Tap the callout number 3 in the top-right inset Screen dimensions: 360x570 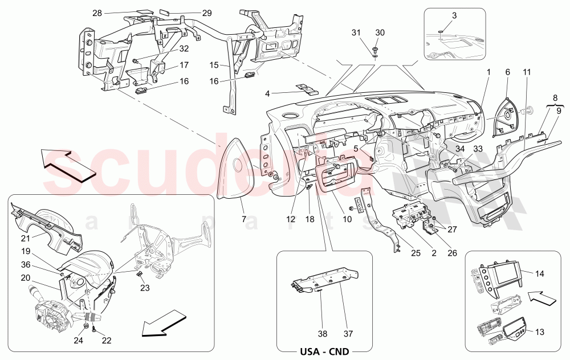[x=454, y=16]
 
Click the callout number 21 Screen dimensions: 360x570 [x=26, y=239]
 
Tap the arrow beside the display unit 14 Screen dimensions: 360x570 [x=539, y=296]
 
